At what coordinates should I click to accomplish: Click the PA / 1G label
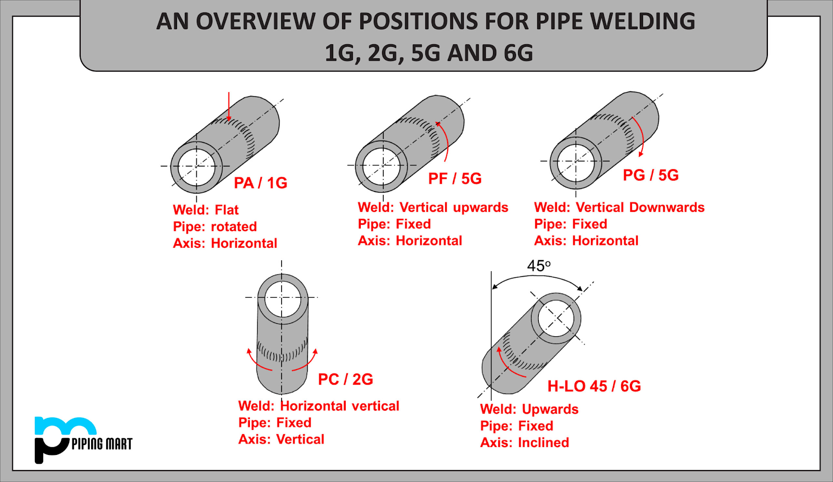click(x=260, y=183)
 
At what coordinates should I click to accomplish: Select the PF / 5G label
click(x=455, y=179)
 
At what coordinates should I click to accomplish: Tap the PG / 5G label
click(x=651, y=175)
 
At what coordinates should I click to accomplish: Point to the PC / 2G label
click(x=345, y=379)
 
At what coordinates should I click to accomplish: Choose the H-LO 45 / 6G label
click(x=594, y=386)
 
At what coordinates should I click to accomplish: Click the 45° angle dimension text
click(x=538, y=266)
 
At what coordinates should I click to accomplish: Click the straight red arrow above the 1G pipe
click(x=229, y=106)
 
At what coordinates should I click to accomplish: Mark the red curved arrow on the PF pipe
click(x=444, y=141)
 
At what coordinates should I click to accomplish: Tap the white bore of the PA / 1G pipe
click(x=196, y=167)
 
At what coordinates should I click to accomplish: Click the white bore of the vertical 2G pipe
click(x=282, y=298)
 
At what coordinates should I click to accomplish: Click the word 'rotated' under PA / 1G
click(x=234, y=227)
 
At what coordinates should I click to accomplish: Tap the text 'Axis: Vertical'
click(x=281, y=440)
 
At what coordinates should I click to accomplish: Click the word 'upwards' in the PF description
click(x=480, y=208)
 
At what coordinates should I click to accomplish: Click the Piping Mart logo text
click(x=102, y=444)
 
